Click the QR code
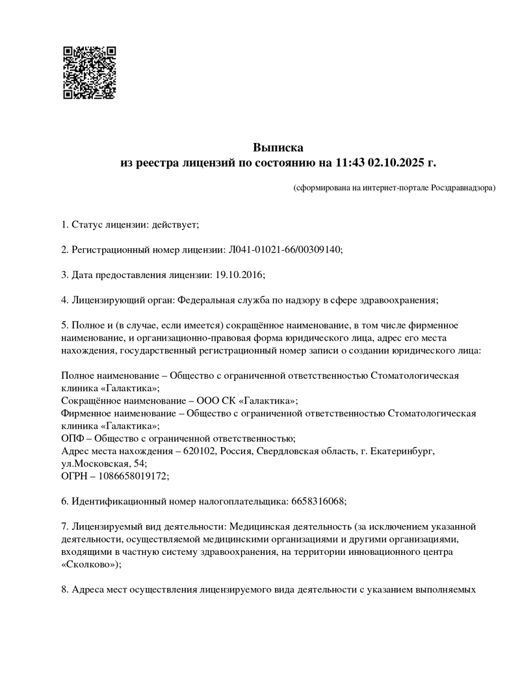pos(89,72)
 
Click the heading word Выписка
pos(278,147)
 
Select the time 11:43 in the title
pos(351,162)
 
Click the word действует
pos(174,225)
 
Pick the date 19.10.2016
pos(238,274)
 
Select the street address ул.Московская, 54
pos(103,463)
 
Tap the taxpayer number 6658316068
pos(315,501)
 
